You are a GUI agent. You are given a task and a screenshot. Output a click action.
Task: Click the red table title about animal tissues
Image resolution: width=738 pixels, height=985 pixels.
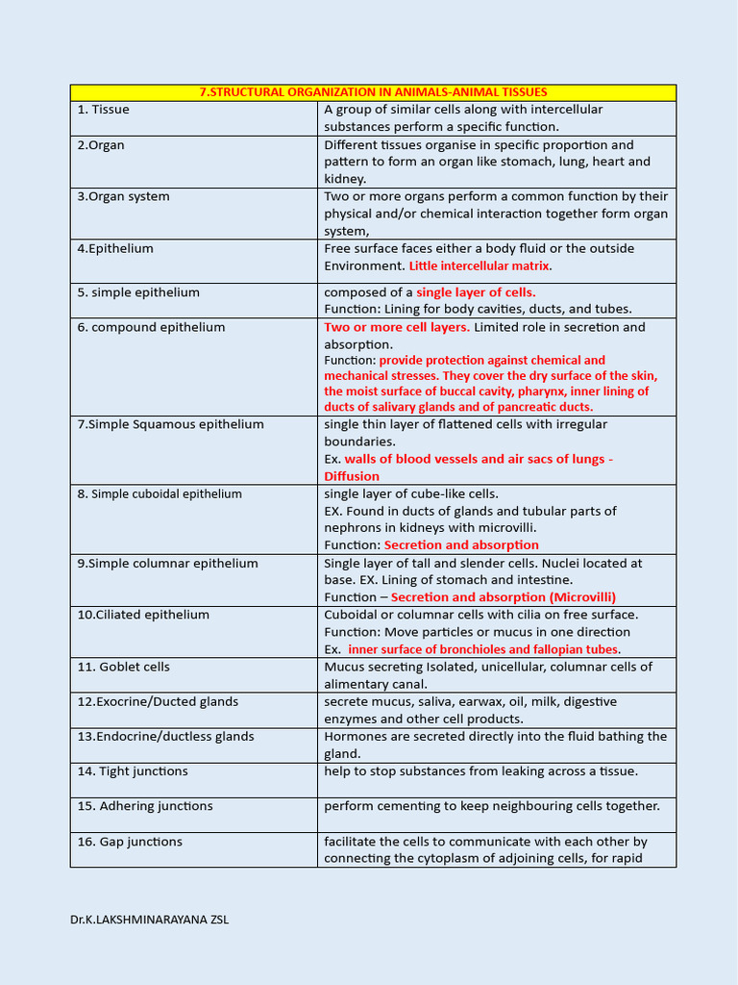tap(373, 92)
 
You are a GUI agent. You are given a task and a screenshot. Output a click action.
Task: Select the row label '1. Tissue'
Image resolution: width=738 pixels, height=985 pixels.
tap(104, 110)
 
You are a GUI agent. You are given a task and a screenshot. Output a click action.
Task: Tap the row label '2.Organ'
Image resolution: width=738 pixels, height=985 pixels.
tap(101, 145)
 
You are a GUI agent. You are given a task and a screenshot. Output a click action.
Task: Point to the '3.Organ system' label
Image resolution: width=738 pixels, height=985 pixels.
tap(123, 197)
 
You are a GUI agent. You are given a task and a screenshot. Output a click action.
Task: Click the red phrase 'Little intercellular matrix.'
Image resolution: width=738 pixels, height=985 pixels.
tap(480, 266)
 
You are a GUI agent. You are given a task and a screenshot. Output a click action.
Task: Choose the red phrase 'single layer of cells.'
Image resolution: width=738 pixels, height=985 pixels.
tap(476, 292)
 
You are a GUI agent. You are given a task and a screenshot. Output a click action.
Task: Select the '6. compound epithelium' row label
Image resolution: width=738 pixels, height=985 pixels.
tap(151, 328)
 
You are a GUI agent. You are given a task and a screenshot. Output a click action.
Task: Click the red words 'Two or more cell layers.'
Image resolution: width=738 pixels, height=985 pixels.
tap(397, 328)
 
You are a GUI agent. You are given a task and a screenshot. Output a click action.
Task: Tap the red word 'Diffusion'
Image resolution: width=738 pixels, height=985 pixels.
tap(352, 476)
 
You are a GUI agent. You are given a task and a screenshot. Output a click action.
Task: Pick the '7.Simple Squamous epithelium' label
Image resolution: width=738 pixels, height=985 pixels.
tap(170, 424)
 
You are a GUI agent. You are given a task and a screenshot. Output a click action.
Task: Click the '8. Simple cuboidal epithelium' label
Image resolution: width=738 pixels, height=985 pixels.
tap(160, 494)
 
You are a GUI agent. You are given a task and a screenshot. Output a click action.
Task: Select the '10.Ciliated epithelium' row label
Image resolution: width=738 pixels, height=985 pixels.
tap(143, 615)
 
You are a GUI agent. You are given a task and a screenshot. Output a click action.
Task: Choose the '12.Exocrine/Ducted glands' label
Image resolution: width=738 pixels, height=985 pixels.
tap(158, 702)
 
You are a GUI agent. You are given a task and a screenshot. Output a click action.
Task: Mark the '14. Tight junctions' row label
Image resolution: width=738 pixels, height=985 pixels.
tap(133, 771)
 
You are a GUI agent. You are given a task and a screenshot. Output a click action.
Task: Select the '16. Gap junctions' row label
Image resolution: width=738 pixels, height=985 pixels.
tap(130, 842)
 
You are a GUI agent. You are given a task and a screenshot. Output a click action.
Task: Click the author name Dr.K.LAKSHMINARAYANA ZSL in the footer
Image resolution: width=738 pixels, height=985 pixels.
tap(149, 920)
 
